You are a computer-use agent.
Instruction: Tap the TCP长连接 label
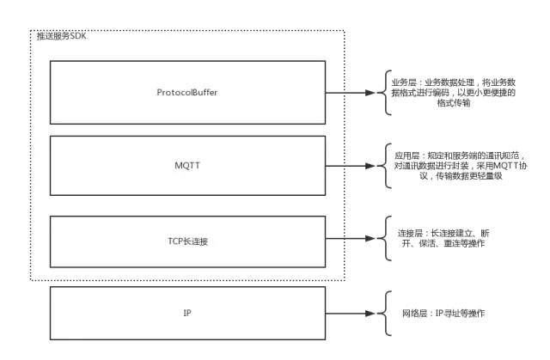[x=186, y=241]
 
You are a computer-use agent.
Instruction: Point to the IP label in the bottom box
[x=186, y=314]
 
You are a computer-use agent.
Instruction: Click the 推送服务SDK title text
[x=62, y=37]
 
